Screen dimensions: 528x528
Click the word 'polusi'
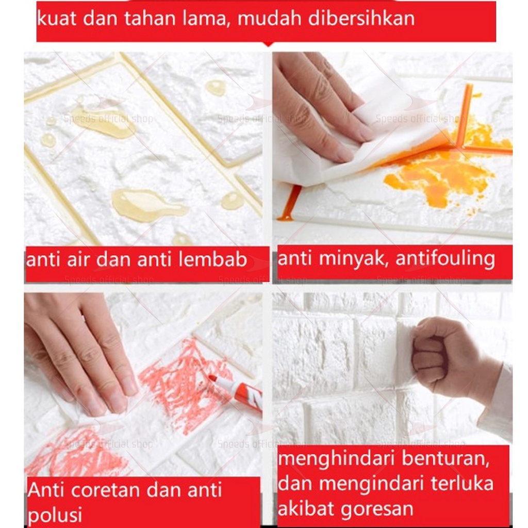[55, 514]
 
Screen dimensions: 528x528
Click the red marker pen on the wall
[236, 391]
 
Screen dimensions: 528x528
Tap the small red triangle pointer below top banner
[267, 44]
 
